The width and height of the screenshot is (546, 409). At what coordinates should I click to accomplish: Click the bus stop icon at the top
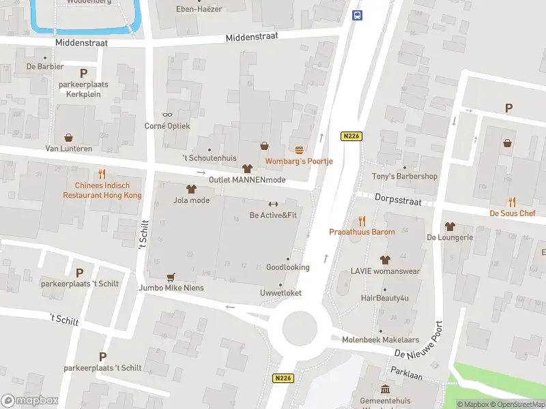click(356, 15)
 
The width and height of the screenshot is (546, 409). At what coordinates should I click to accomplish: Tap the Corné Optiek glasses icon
click(167, 115)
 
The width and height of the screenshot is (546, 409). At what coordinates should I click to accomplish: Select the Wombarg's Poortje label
click(299, 162)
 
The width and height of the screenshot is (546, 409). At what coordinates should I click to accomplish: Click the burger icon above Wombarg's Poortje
click(299, 150)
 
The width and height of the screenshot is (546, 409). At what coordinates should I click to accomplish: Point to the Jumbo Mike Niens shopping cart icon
click(171, 277)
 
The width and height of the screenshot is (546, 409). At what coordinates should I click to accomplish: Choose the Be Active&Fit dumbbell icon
click(273, 204)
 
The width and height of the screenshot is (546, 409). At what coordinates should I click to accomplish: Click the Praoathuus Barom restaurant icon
click(362, 221)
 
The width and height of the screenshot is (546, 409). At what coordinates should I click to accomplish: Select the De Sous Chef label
click(513, 213)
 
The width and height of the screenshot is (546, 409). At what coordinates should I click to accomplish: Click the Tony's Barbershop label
click(404, 177)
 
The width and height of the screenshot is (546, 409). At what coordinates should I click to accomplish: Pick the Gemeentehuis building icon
click(386, 389)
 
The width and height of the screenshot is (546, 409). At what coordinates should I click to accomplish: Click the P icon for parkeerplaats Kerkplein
click(83, 73)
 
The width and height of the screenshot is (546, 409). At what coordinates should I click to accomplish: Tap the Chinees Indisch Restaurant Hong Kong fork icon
click(102, 175)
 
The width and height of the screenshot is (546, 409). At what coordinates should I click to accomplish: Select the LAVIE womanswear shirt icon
click(386, 260)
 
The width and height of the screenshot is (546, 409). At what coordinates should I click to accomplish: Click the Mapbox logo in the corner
click(29, 401)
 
